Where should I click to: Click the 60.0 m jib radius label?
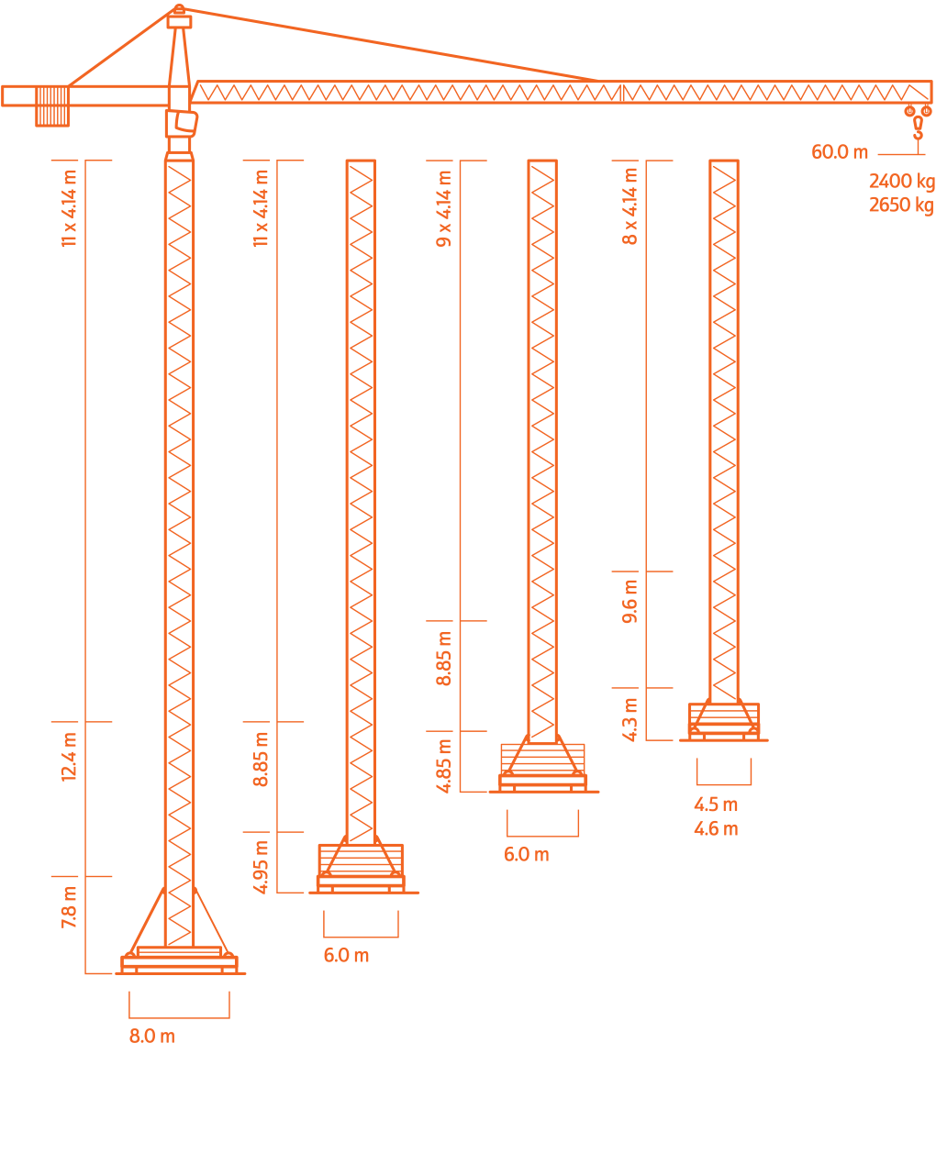839,152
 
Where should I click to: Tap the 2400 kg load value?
900,182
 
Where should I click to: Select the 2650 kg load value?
900,205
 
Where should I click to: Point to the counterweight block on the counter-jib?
52,106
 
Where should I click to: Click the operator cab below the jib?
183,123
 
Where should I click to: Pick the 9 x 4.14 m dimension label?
445,208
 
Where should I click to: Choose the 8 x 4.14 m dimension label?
630,205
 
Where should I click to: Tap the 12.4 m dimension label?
70,756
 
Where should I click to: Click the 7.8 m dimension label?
70,907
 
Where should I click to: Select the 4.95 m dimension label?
262,866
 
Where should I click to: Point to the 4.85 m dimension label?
445,766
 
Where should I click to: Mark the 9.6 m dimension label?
630,602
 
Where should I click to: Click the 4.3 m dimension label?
630,718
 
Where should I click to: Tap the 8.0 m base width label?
151,1037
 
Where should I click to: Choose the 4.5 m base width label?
715,805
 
